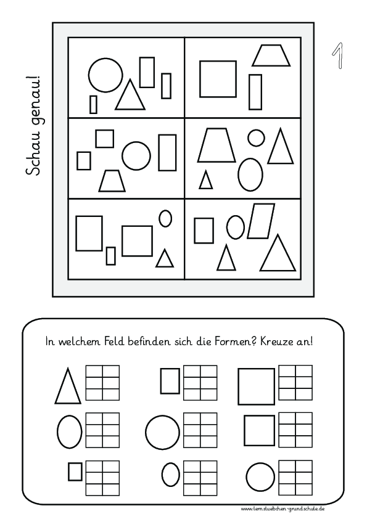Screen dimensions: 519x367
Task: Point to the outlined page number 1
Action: coord(337,56)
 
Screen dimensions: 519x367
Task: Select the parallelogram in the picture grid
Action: coord(261,221)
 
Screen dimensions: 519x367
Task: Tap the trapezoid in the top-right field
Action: coord(271,55)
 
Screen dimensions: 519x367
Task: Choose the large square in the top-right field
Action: coord(218,79)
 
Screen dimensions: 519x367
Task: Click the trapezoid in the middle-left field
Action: coord(113,181)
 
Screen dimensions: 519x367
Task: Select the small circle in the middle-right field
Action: coord(256,137)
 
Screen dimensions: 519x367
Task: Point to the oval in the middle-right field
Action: coord(250,174)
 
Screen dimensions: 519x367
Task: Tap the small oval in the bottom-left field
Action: coord(165,218)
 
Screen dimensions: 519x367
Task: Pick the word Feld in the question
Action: coord(115,341)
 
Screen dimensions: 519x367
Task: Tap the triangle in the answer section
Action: coord(68,386)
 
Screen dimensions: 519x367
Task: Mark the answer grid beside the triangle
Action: coord(102,383)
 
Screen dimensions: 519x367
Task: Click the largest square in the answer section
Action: coord(256,386)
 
